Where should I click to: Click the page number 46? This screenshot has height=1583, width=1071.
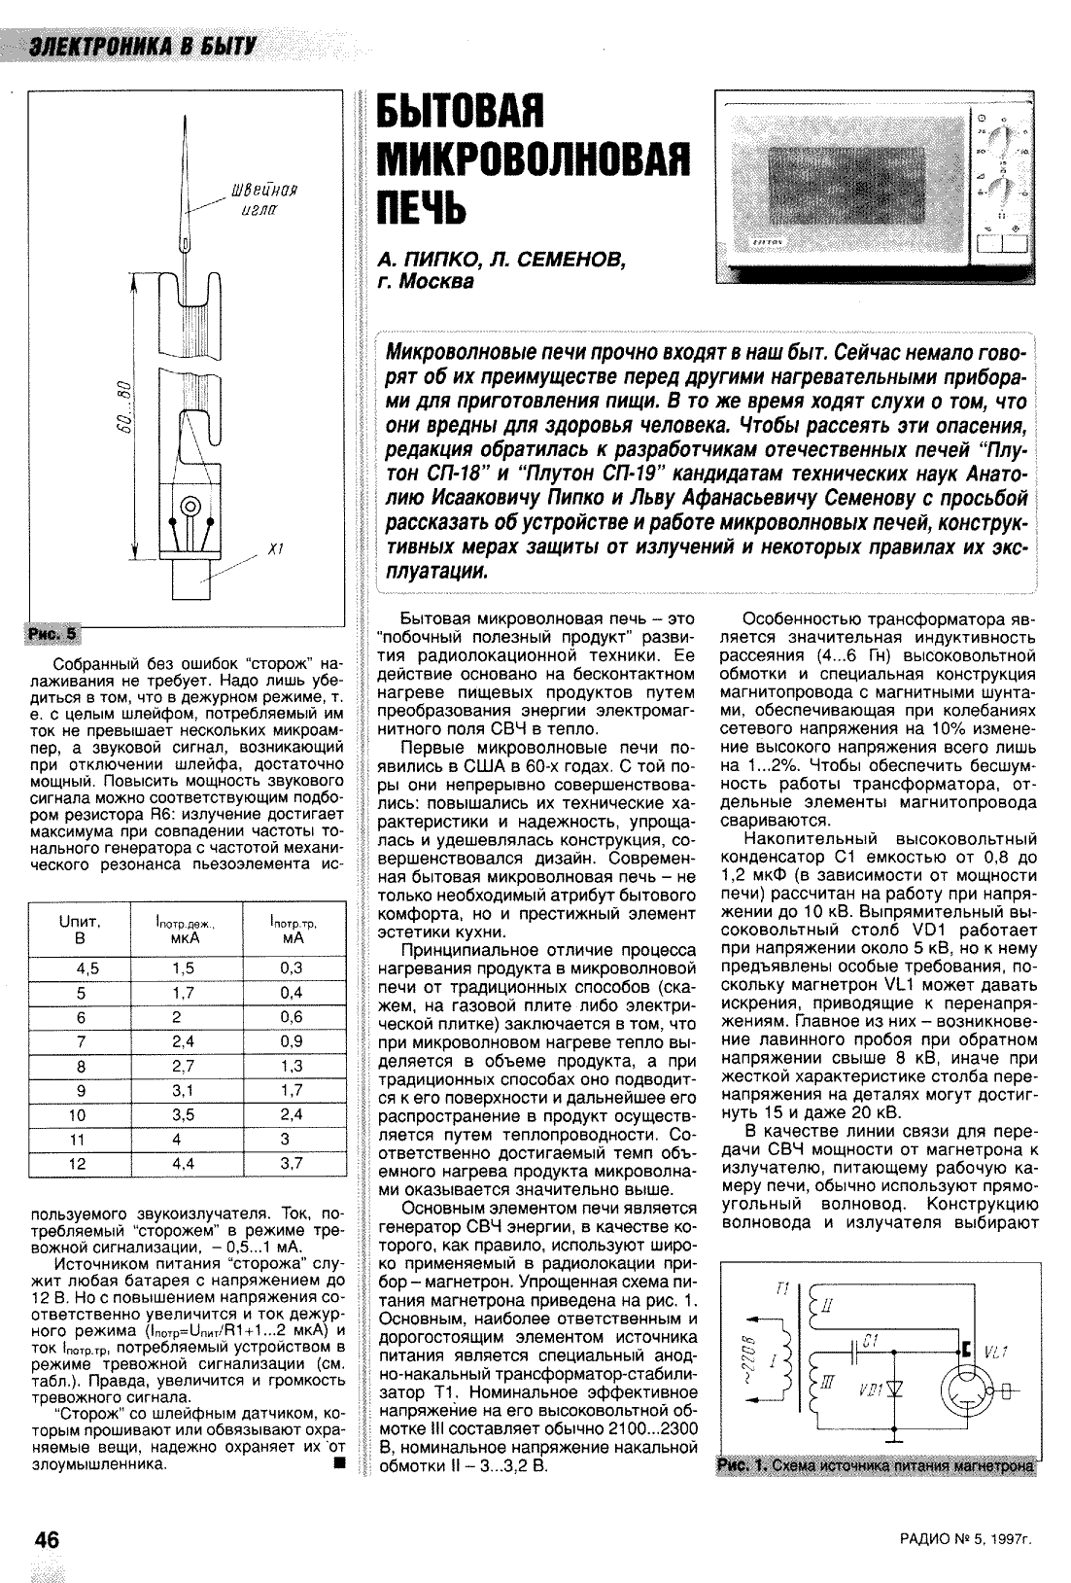[47, 1539]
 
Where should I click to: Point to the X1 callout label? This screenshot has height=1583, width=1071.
[275, 550]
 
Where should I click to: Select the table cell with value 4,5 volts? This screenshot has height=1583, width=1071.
[86, 968]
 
